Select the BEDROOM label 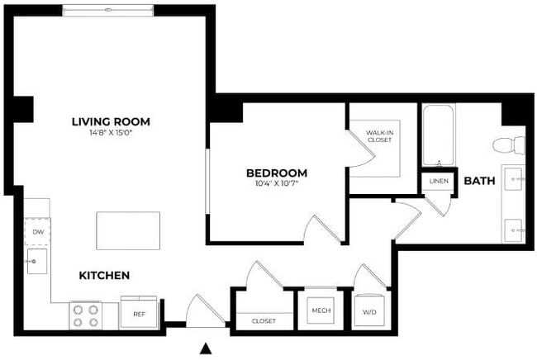tap(276, 173)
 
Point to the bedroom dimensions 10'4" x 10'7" tap(276, 183)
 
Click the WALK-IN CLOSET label tap(379, 135)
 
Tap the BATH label tap(478, 181)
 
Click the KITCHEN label tap(104, 275)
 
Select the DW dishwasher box tap(37, 233)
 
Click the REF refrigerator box tap(138, 313)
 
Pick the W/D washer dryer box tap(368, 311)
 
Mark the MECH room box tap(321, 311)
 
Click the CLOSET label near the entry tap(263, 320)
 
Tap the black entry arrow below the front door tap(206, 349)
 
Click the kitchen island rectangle tap(128, 230)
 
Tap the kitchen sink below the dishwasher tap(36, 264)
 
